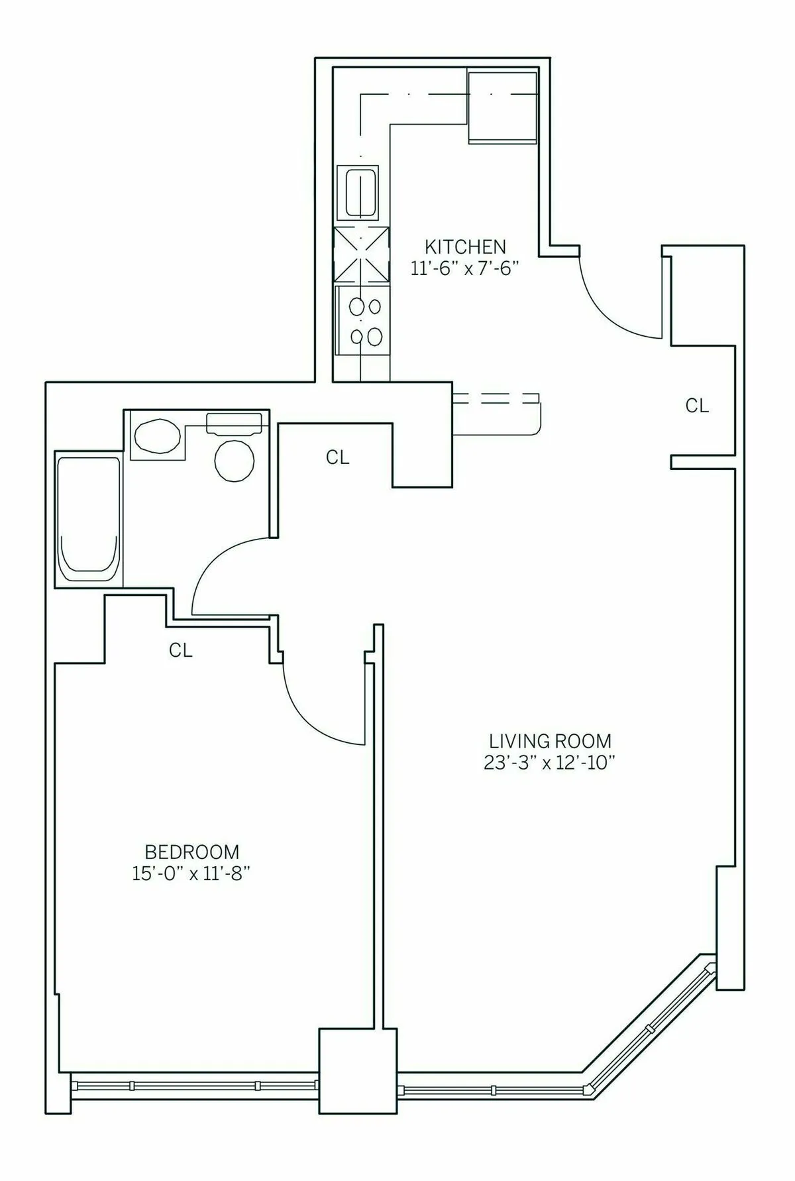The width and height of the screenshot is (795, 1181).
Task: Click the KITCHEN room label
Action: point(465,247)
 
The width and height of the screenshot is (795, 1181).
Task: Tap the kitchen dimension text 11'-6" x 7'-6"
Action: point(464,269)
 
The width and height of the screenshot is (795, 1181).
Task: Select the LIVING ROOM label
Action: point(550,740)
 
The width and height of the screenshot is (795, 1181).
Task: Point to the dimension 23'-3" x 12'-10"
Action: point(550,763)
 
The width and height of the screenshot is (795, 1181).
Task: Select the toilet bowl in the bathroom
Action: point(235,459)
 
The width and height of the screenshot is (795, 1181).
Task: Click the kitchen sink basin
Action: point(360,193)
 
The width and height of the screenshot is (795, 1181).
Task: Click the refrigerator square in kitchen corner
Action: point(502,107)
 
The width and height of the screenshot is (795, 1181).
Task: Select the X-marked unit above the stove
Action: point(362,256)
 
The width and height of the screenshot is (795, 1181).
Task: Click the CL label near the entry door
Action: point(697,406)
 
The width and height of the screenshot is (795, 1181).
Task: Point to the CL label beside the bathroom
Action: point(338,457)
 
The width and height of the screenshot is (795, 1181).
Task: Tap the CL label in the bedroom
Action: point(180,651)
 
